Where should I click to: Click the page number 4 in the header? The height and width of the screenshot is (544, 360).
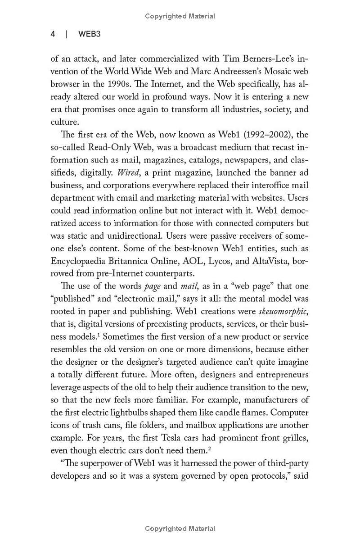[x=53, y=34]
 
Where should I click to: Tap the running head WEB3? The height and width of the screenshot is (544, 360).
[x=90, y=34]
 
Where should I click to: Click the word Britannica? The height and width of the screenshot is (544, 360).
[x=135, y=261]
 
